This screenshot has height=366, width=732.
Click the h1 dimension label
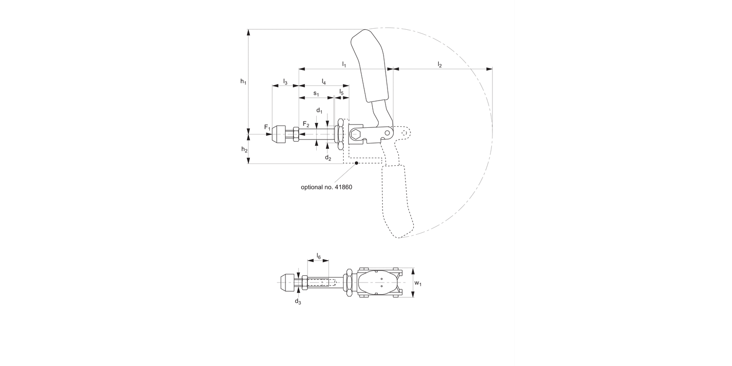pos(243,82)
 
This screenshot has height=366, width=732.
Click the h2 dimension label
pos(244,149)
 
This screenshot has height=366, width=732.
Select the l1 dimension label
pos(344,64)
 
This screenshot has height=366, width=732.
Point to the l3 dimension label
pos(285,81)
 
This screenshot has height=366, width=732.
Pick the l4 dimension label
pos(324,81)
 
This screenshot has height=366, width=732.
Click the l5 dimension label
pos(342,92)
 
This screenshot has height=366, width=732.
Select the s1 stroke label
pos(316,93)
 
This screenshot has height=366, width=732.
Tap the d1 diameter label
pos(319,110)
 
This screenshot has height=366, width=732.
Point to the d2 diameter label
pos(328,158)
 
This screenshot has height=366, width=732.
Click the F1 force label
pos(267,127)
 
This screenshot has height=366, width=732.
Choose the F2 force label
pos(305,124)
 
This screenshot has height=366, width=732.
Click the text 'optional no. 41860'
pos(326,187)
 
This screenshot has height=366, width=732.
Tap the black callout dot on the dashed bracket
pos(357,163)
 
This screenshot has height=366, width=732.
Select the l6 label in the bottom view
pos(318,256)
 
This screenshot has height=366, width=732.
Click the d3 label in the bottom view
pos(298,302)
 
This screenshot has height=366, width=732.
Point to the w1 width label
pos(418,283)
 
